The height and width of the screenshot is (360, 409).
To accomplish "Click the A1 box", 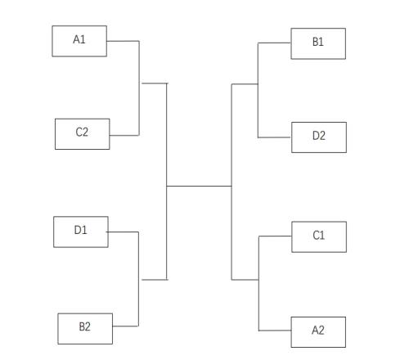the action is point(79,41).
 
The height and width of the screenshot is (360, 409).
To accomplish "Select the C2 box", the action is point(83,134).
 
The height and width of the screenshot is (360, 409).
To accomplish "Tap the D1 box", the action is point(81,232).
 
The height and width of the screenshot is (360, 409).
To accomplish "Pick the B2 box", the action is point(85,329).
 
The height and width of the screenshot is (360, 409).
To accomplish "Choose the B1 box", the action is point(318,43).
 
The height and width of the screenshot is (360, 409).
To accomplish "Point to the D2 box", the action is point(319,137).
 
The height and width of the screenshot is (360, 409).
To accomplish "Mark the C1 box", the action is point(319,236).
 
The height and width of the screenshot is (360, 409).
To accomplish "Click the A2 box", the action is point(318,332).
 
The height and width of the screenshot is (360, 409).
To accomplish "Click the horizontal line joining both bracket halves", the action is point(199,187).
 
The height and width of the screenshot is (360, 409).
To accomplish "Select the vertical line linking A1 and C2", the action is point(139,88).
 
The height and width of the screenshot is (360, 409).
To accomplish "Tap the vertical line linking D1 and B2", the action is point(138,279).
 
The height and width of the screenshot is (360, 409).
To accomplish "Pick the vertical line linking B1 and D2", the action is point(258,90).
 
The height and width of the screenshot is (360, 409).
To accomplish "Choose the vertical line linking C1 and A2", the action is point(258,283).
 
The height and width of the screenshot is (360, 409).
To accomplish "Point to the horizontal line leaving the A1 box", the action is point(123,41).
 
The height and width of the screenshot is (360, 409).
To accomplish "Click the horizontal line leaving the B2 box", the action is point(125,326).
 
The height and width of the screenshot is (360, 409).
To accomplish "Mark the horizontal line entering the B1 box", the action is point(274,43).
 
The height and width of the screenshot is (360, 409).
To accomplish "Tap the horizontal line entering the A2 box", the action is point(275,331).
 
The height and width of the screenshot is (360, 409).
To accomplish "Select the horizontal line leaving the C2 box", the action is point(124,135).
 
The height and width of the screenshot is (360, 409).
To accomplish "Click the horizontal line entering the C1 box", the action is point(275,236).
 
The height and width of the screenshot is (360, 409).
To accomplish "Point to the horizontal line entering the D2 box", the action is point(275,137).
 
